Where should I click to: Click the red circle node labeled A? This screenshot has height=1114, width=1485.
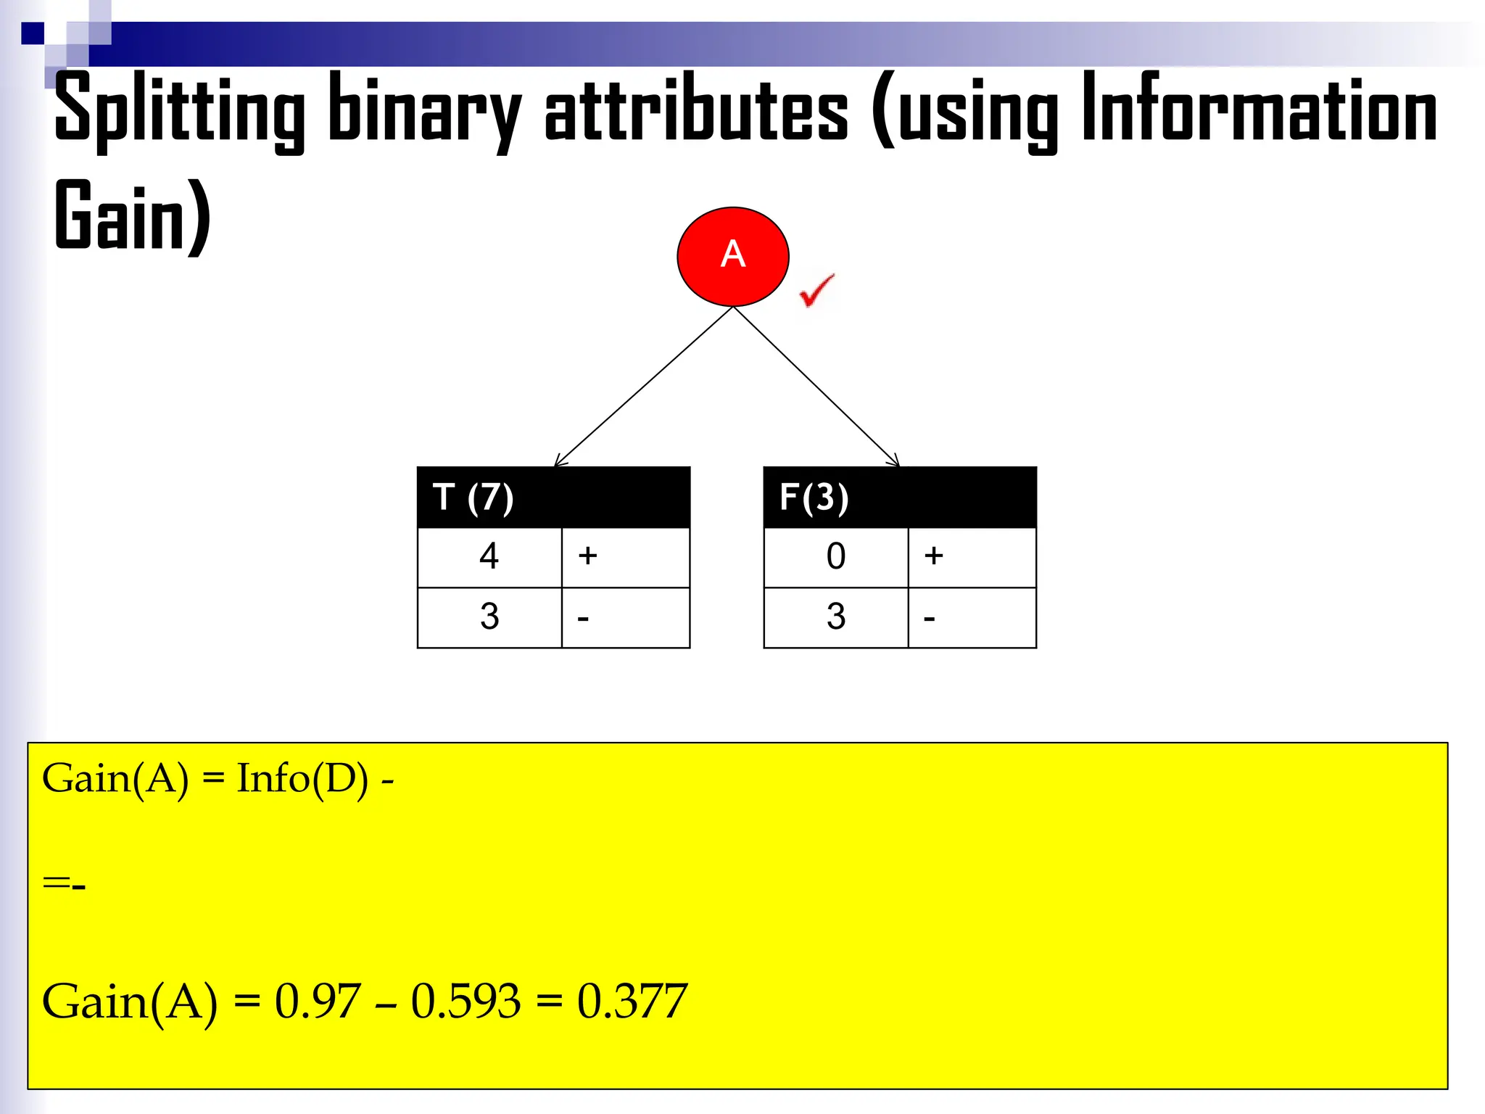(x=732, y=256)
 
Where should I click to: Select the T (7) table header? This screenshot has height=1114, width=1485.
(x=553, y=498)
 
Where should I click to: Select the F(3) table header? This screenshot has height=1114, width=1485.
(x=899, y=498)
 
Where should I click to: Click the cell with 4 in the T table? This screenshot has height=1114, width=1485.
(x=489, y=557)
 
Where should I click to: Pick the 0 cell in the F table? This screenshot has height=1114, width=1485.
(x=835, y=557)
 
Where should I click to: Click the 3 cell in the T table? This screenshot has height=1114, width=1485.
(x=489, y=617)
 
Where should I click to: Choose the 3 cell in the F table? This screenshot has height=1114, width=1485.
(x=835, y=617)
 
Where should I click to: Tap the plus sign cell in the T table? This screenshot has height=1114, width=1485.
(x=625, y=557)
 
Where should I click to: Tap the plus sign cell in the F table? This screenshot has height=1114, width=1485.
(x=972, y=557)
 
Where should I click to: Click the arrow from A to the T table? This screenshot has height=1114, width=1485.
(x=644, y=386)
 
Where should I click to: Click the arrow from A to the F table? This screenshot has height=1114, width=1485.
(x=816, y=386)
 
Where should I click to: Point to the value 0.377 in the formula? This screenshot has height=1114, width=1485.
(x=632, y=1002)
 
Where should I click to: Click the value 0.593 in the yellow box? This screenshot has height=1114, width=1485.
(x=466, y=1002)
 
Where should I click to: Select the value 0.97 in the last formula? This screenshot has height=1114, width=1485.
(x=317, y=1002)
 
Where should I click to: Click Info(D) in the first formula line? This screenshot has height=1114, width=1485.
(x=302, y=780)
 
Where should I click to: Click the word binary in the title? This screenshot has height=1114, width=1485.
(x=425, y=109)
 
